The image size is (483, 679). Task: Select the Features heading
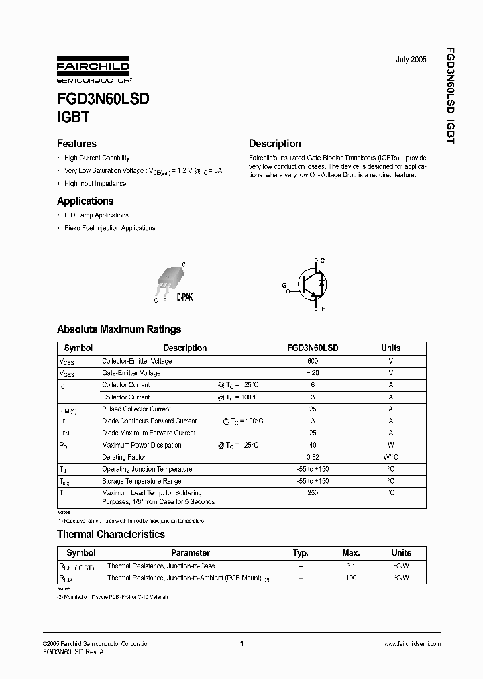pyautogui.click(x=76, y=144)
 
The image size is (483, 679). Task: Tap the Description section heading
pyautogui.click(x=274, y=144)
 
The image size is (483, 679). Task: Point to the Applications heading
pyautogui.click(x=85, y=201)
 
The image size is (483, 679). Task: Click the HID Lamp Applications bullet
pyautogui.click(x=96, y=215)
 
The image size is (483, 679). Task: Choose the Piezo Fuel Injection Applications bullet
pyautogui.click(x=109, y=228)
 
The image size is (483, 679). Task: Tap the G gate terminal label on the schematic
pyautogui.click(x=284, y=285)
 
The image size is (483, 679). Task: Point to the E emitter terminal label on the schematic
pyautogui.click(x=323, y=309)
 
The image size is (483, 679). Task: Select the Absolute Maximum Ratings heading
pyautogui.click(x=119, y=329)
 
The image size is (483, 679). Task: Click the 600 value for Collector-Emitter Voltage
pyautogui.click(x=313, y=361)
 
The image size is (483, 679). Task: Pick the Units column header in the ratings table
pyautogui.click(x=390, y=348)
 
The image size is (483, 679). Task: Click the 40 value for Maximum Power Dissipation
pyautogui.click(x=313, y=445)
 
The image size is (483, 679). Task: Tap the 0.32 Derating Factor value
pyautogui.click(x=313, y=457)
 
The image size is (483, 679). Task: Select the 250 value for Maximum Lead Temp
pyautogui.click(x=313, y=494)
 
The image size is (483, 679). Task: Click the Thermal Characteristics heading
pyautogui.click(x=111, y=535)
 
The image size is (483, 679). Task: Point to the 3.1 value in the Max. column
pyautogui.click(x=350, y=566)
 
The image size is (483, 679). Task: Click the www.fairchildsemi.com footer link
pyautogui.click(x=412, y=644)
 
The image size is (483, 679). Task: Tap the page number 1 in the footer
pyautogui.click(x=241, y=644)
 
